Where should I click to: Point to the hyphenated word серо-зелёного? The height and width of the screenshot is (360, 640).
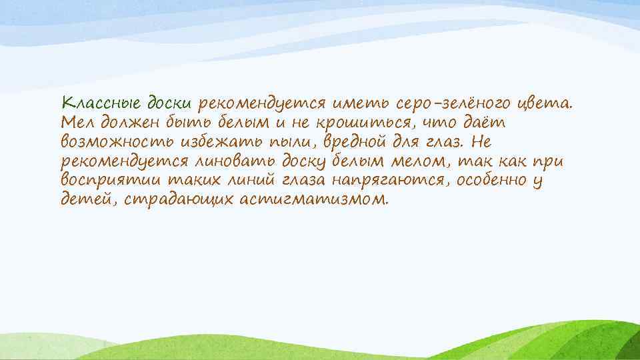[x=454, y=104]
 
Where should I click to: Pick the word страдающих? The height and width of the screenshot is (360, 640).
[x=171, y=199]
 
